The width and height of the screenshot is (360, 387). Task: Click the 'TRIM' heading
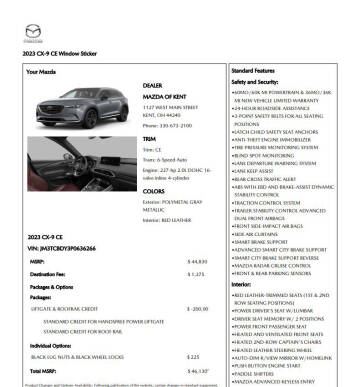click(152, 140)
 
